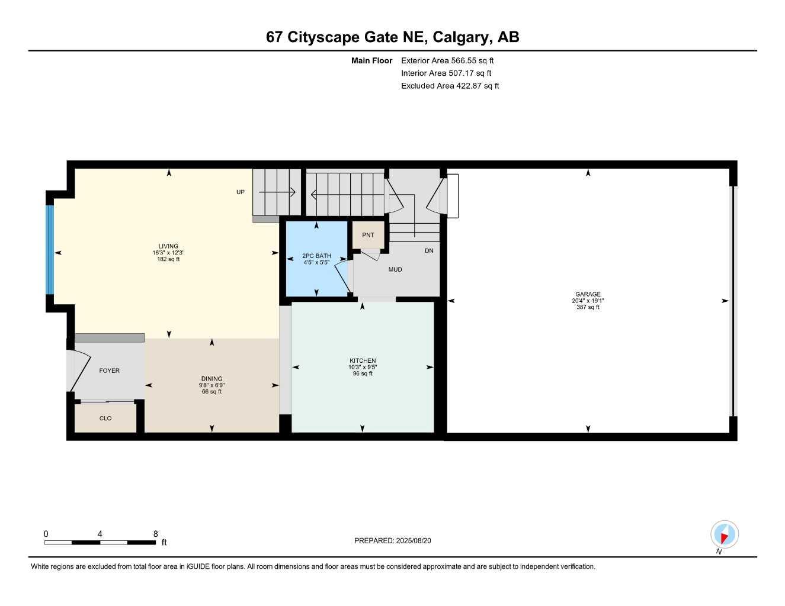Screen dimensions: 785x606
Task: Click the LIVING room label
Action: click(x=168, y=246)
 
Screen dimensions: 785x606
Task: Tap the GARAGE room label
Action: click(x=588, y=294)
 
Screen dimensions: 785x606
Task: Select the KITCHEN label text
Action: click(x=363, y=360)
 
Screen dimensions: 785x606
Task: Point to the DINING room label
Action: click(x=212, y=378)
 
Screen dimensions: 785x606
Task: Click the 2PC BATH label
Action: click(x=316, y=256)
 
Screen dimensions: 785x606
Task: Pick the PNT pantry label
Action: click(x=368, y=235)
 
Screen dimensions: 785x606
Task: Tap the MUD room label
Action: click(x=395, y=269)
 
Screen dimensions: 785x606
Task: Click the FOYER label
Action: click(x=109, y=370)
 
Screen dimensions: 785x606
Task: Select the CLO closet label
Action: click(x=105, y=418)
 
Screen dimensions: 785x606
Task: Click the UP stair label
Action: click(x=240, y=192)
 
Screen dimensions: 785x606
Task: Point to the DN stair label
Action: click(x=429, y=250)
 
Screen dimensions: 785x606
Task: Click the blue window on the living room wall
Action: click(x=50, y=250)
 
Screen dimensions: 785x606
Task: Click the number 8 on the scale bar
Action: click(x=156, y=533)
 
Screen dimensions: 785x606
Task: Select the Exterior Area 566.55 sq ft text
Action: click(x=447, y=60)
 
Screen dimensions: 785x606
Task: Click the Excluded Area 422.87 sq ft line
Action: click(x=450, y=86)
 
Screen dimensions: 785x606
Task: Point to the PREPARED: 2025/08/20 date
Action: click(x=392, y=540)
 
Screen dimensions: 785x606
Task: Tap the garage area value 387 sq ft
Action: click(x=588, y=307)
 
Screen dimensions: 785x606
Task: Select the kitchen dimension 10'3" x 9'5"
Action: click(x=363, y=367)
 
